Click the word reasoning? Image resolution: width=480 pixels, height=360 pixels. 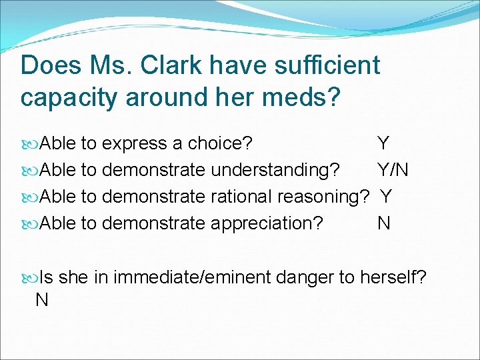(x=323, y=197)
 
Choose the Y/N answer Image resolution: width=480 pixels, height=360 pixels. (x=393, y=170)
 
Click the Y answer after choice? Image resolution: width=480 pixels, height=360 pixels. (x=383, y=143)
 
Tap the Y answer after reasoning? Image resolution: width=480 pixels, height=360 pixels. (x=386, y=197)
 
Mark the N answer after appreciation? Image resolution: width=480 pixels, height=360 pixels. (x=383, y=223)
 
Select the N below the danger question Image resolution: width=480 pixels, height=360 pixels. (x=41, y=300)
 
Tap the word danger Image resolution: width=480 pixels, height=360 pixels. (x=299, y=276)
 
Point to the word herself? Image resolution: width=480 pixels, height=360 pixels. (x=393, y=276)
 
